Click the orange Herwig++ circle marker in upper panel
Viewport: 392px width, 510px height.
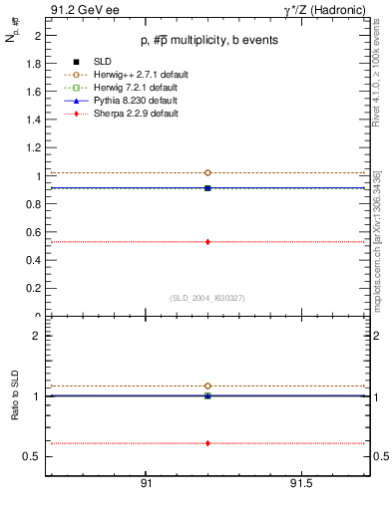207,173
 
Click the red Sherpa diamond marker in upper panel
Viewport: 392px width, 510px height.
207,242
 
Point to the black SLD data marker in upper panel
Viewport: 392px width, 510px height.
207,187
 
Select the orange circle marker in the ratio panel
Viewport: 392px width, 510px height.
207,385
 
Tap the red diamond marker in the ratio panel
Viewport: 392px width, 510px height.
207,443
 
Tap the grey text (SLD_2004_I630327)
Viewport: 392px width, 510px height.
206,298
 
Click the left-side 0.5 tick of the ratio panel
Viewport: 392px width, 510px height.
35,456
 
